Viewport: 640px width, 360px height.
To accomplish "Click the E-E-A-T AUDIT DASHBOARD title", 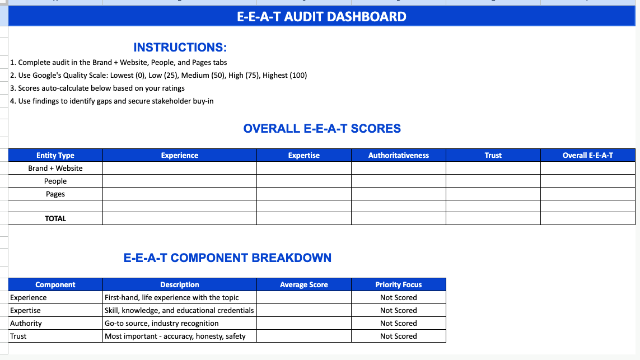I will pos(321,17).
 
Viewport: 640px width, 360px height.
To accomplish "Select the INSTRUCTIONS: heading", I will pos(180,48).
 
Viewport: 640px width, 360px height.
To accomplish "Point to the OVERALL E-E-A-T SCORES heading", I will pos(322,129).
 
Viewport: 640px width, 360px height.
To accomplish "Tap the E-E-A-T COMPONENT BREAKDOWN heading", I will pos(227,258).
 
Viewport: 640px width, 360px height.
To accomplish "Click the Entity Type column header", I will pos(55,155).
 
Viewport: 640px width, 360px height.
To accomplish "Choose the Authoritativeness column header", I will pos(398,155).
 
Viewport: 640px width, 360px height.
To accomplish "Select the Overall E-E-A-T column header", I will pos(587,155).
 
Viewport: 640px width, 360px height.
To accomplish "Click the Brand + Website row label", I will pos(55,168).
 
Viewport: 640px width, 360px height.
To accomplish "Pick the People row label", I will pos(55,181).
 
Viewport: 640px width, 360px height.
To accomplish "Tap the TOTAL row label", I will pos(55,218).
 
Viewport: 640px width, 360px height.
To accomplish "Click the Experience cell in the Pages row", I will pos(179,194).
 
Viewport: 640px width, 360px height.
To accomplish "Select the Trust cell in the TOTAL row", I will pos(493,218).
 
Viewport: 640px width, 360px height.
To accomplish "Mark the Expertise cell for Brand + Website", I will pos(303,168).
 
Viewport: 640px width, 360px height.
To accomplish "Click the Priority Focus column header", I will pos(398,284).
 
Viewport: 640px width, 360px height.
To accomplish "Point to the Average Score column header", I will pos(303,284).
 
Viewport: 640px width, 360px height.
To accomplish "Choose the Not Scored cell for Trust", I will pos(398,336).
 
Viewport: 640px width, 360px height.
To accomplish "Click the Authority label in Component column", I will pos(26,323).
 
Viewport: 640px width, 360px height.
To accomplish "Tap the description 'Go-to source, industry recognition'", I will pos(162,323).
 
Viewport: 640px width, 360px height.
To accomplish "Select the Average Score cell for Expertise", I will pos(303,310).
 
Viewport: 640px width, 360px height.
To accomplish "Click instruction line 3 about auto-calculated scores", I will pos(97,88).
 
